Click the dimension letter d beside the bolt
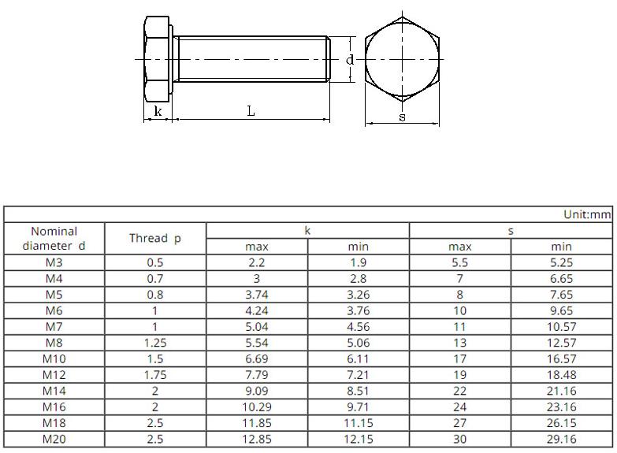click(349, 60)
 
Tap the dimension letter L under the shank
click(251, 111)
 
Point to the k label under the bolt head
click(158, 111)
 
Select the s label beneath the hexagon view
click(402, 117)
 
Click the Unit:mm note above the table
click(587, 214)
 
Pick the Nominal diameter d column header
click(54, 239)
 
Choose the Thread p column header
click(155, 238)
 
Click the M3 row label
click(54, 262)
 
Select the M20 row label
click(54, 439)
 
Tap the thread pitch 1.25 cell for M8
click(155, 343)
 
